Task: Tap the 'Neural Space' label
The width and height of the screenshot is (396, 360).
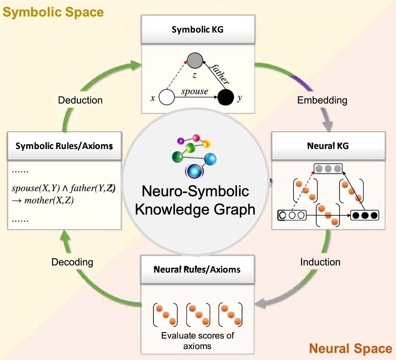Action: pyautogui.click(x=351, y=348)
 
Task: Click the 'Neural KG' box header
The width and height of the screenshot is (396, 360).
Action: pyautogui.click(x=328, y=146)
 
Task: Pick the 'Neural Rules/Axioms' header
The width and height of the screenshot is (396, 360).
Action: pyautogui.click(x=197, y=269)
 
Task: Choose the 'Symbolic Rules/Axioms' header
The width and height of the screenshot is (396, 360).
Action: pyautogui.click(x=64, y=146)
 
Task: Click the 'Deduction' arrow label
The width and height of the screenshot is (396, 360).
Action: pyautogui.click(x=80, y=100)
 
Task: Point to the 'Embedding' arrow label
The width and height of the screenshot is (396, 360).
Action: pyautogui.click(x=322, y=100)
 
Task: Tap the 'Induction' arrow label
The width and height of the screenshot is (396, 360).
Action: pyautogui.click(x=320, y=262)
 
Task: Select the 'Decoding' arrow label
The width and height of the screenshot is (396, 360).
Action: pyautogui.click(x=72, y=262)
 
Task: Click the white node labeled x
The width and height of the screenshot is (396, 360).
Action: pyautogui.click(x=167, y=97)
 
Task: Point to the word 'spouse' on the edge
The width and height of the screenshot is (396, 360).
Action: pyautogui.click(x=195, y=91)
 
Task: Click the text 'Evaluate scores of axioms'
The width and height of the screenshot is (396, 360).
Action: pyautogui.click(x=197, y=341)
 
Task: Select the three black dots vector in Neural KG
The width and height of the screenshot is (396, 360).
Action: pyautogui.click(x=364, y=216)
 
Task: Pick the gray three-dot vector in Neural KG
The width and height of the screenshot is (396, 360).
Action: pyautogui.click(x=328, y=169)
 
